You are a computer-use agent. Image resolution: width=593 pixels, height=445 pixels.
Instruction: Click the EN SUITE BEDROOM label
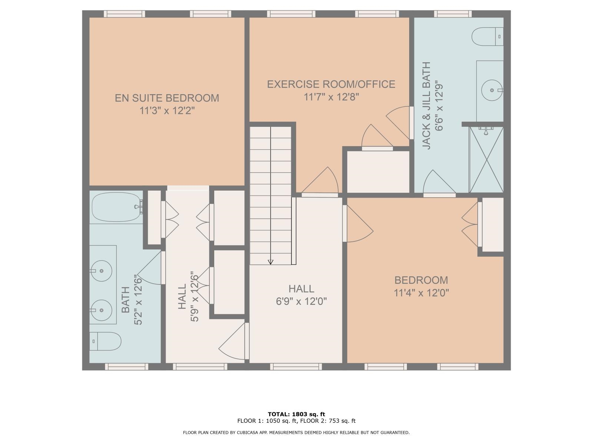167,98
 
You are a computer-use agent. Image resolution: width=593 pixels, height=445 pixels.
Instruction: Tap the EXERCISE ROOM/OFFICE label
331,84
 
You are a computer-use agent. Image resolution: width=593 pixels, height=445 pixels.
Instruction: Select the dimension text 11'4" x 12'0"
421,293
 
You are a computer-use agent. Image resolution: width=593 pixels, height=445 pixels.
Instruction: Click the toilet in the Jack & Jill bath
487,36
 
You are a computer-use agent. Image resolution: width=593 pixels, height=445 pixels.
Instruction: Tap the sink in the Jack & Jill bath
492,90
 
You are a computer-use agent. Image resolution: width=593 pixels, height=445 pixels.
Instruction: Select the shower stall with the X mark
486,159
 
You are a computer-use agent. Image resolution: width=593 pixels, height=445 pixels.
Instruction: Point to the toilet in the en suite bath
105,341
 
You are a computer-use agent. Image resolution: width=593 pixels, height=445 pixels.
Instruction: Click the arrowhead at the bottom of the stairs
271,262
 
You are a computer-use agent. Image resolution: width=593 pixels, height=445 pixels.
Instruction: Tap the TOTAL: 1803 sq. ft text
296,414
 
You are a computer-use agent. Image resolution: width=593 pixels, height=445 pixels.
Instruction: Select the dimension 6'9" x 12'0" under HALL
301,301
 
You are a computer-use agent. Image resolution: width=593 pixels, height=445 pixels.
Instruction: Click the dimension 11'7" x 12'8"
331,97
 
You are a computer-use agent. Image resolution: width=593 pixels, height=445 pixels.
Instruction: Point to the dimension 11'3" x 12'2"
167,111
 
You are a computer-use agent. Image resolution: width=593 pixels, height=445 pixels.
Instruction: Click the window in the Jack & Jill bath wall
453,14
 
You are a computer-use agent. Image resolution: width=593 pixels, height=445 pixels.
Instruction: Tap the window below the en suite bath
126,366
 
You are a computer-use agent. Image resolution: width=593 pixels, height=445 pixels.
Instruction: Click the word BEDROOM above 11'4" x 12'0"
421,280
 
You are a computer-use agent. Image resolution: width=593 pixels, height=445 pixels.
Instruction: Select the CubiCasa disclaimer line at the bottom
296,432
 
